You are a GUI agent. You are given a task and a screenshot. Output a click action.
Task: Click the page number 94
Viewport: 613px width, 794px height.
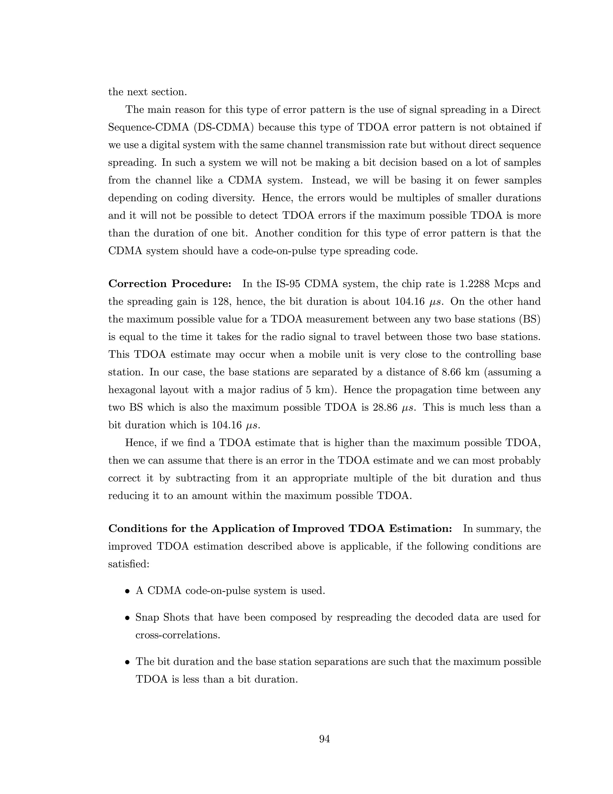(324, 739)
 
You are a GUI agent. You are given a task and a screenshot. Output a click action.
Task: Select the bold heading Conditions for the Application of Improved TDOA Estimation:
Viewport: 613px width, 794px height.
(280, 529)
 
